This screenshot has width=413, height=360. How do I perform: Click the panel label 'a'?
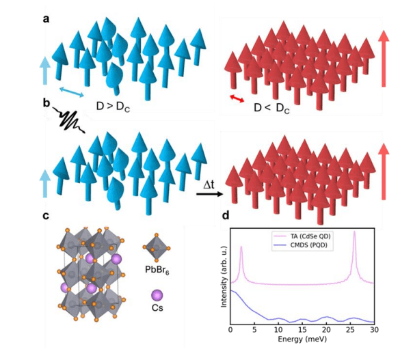point(46,18)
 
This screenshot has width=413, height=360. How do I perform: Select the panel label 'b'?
point(46,104)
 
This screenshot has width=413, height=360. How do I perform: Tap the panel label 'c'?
point(46,217)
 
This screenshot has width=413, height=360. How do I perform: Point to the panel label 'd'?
point(226,217)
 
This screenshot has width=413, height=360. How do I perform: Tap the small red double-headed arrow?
point(237,100)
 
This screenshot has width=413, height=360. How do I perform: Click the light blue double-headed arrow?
point(70,92)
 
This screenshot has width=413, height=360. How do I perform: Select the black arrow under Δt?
point(210,194)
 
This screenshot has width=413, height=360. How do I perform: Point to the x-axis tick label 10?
point(279,330)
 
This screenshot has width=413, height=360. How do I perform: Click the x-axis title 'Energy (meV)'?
point(302,339)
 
